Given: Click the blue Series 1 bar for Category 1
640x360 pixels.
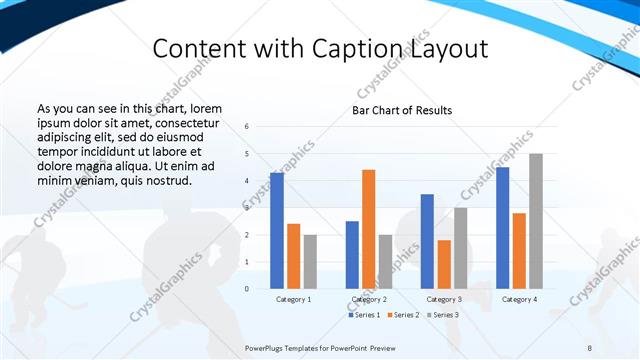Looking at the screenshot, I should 276,231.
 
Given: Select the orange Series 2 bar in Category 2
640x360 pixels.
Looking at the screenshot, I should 368,229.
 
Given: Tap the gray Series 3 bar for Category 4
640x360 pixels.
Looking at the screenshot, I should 536,221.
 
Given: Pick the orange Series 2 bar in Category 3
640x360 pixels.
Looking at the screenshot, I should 444,264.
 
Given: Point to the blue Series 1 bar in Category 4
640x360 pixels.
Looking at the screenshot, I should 502,228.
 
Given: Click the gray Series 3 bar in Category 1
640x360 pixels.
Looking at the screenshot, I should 310,262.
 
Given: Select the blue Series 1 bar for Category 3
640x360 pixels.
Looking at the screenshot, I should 427,241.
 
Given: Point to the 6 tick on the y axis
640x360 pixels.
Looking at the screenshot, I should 246,127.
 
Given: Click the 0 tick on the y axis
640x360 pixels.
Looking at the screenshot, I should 246,289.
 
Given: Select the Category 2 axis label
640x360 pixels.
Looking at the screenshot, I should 369,299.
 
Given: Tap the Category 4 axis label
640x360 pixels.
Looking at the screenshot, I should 519,299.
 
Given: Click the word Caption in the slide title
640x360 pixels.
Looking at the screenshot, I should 370,49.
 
